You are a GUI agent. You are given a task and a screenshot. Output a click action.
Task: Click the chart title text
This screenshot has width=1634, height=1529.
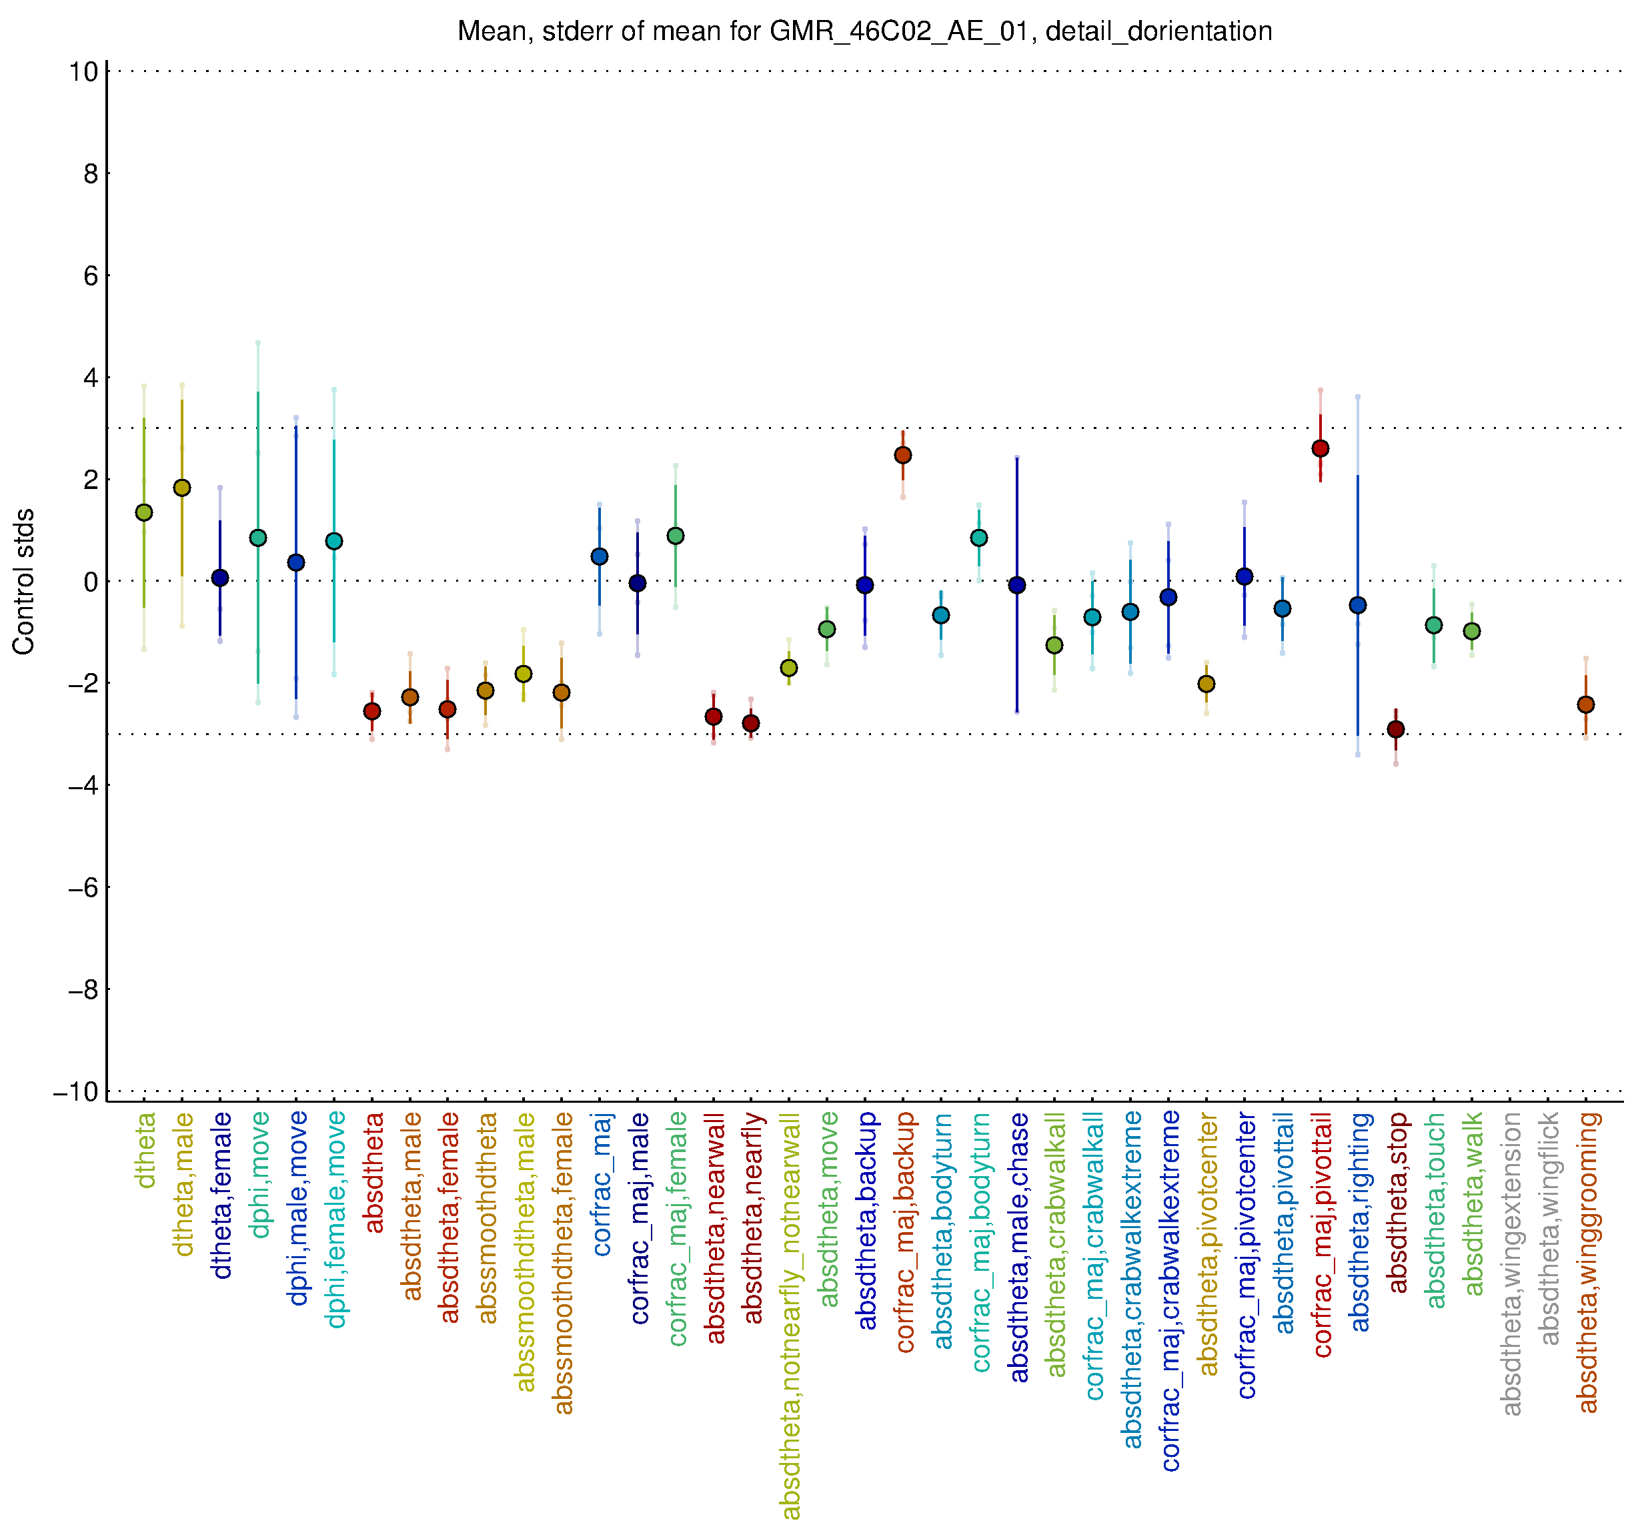(864, 31)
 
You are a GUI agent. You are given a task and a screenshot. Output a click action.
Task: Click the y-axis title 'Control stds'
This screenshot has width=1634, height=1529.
(24, 581)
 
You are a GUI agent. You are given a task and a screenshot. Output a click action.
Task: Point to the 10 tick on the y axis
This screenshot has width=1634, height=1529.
(84, 71)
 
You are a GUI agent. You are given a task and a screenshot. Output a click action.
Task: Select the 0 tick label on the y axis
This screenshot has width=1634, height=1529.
(91, 582)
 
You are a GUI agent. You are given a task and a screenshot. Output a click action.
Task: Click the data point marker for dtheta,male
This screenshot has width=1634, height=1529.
(181, 488)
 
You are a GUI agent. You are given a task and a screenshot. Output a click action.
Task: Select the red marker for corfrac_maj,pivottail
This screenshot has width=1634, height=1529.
(1320, 449)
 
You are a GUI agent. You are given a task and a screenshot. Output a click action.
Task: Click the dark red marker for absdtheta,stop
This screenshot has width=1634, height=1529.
(1396, 729)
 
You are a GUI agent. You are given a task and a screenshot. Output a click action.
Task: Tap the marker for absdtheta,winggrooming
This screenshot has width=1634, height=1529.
(1585, 704)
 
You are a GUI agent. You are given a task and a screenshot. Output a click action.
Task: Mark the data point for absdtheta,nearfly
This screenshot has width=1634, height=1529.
(750, 723)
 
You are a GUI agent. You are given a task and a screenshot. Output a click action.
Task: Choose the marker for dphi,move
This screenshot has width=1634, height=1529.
(258, 538)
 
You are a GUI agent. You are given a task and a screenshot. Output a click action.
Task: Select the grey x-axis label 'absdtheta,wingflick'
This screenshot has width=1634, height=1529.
(1549, 1229)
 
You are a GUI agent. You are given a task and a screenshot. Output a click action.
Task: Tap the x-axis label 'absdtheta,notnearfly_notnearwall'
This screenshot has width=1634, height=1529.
(790, 1316)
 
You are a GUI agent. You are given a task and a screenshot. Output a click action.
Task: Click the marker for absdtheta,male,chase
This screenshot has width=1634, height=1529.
(1016, 585)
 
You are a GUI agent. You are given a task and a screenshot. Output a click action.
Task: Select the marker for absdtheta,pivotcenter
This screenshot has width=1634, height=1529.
(1206, 684)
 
